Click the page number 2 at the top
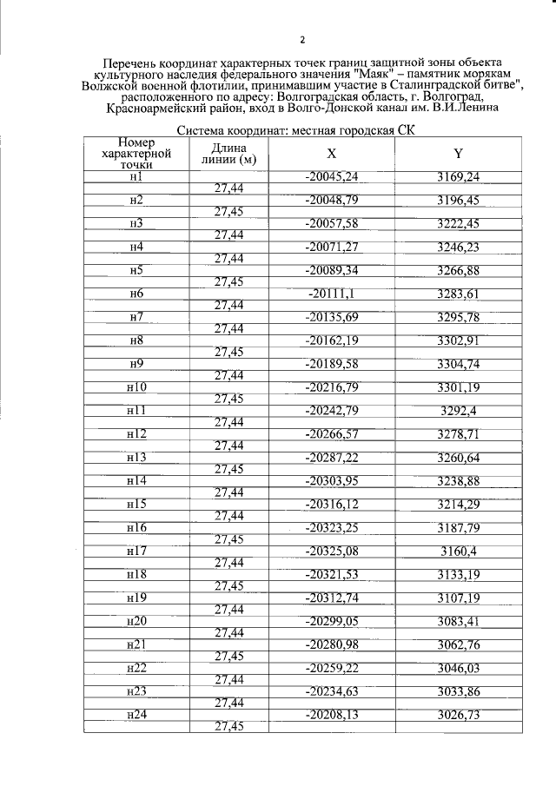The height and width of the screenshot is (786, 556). click(x=301, y=39)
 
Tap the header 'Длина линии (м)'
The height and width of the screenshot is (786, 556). click(x=228, y=154)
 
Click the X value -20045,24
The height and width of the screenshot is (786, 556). click(x=332, y=177)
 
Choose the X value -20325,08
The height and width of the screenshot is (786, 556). click(x=332, y=550)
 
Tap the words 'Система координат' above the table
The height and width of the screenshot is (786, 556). click(x=227, y=131)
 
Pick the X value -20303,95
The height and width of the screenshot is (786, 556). click(x=332, y=480)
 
